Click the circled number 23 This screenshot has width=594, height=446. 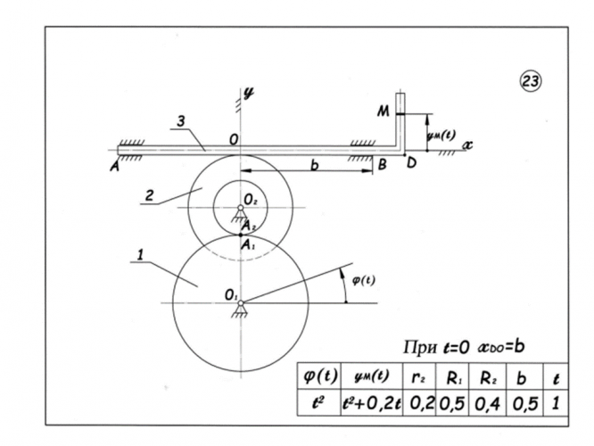point(530,81)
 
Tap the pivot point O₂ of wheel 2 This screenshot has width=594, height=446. point(240,208)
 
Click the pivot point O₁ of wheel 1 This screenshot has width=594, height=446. point(240,302)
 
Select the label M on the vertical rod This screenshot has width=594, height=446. point(383,111)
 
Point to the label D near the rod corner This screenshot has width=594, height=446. point(411,163)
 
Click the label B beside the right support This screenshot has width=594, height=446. point(383,164)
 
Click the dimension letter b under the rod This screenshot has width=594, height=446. point(314,165)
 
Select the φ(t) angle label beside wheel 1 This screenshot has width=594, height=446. point(364,281)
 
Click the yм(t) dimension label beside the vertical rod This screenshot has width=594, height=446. point(441,136)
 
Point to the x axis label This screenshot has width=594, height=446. point(468,145)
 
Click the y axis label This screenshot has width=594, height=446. point(249,93)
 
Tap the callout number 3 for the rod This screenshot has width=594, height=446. point(181,121)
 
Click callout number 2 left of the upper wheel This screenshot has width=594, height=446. point(150,196)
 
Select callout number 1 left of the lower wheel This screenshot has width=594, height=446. point(141,254)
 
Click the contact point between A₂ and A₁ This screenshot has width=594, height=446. point(241,235)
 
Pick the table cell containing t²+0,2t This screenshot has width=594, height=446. point(372,403)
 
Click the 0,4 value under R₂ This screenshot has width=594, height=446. point(487,404)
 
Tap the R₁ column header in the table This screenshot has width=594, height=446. point(453,378)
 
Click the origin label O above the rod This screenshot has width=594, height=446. point(234,140)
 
